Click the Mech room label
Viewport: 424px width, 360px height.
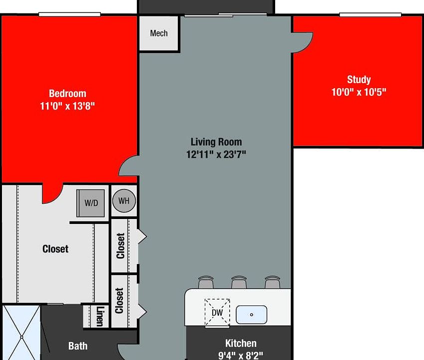[x=159, y=33]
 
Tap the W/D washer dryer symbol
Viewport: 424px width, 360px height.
[x=91, y=203]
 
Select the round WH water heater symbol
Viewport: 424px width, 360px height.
[x=124, y=201]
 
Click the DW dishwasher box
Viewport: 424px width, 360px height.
[x=217, y=312]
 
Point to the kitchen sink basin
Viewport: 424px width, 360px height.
[x=251, y=314]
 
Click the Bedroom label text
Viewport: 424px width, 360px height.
[x=67, y=93]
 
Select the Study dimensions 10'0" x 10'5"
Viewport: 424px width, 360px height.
[x=359, y=92]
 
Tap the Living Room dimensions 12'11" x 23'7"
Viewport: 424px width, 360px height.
[x=216, y=154]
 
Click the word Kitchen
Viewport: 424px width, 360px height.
[x=241, y=343]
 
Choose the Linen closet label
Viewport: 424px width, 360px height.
[x=100, y=316]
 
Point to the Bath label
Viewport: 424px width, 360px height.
[x=78, y=345]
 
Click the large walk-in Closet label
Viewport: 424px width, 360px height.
[x=55, y=248]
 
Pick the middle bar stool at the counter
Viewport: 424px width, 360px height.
[x=239, y=282]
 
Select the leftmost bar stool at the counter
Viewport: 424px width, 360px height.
[x=206, y=282]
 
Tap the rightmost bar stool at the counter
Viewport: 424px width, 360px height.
[x=272, y=282]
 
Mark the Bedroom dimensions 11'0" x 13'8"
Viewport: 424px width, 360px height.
[x=67, y=106]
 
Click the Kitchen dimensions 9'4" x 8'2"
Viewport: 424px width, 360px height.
[x=241, y=355]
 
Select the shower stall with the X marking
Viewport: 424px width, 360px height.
[x=21, y=332]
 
